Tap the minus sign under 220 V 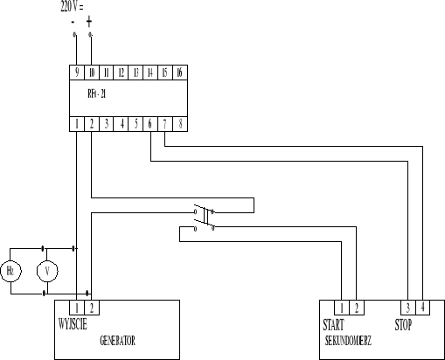(x=73, y=20)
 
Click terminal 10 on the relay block (x=91, y=73)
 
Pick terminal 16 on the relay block (x=178, y=73)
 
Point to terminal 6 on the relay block (x=150, y=124)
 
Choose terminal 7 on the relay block (x=164, y=124)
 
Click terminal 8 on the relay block (x=179, y=124)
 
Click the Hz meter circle (x=11, y=271)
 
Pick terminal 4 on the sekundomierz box (x=422, y=307)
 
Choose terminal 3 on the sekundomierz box (x=407, y=307)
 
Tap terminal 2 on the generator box (x=92, y=307)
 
